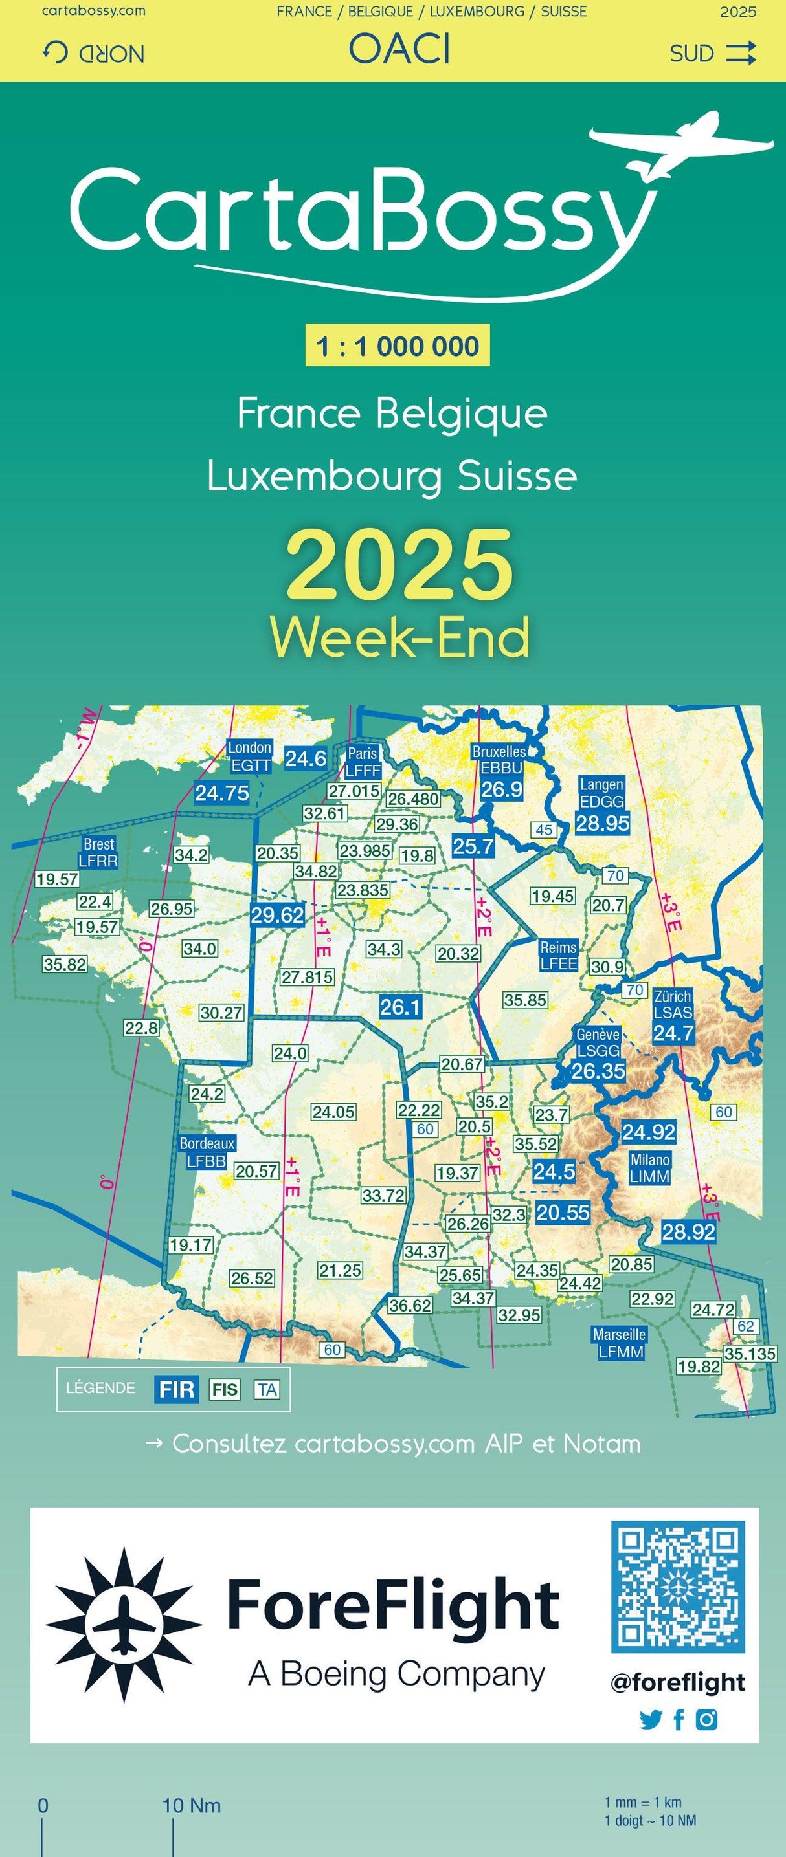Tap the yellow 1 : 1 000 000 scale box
point(398,346)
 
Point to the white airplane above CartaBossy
point(682,144)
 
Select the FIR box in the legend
point(176,1389)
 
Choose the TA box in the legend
point(266,1389)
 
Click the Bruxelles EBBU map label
point(499,760)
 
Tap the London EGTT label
point(249,756)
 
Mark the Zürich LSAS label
point(672,1004)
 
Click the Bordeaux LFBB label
point(207,1152)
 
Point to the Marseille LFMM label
point(620,1343)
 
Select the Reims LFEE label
point(558,955)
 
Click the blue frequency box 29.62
point(278,915)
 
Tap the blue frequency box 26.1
point(400,1006)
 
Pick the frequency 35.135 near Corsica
point(750,1354)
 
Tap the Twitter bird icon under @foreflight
point(649,1720)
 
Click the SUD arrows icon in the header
point(741,53)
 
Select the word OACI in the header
point(399,50)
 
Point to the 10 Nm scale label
point(191,1806)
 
